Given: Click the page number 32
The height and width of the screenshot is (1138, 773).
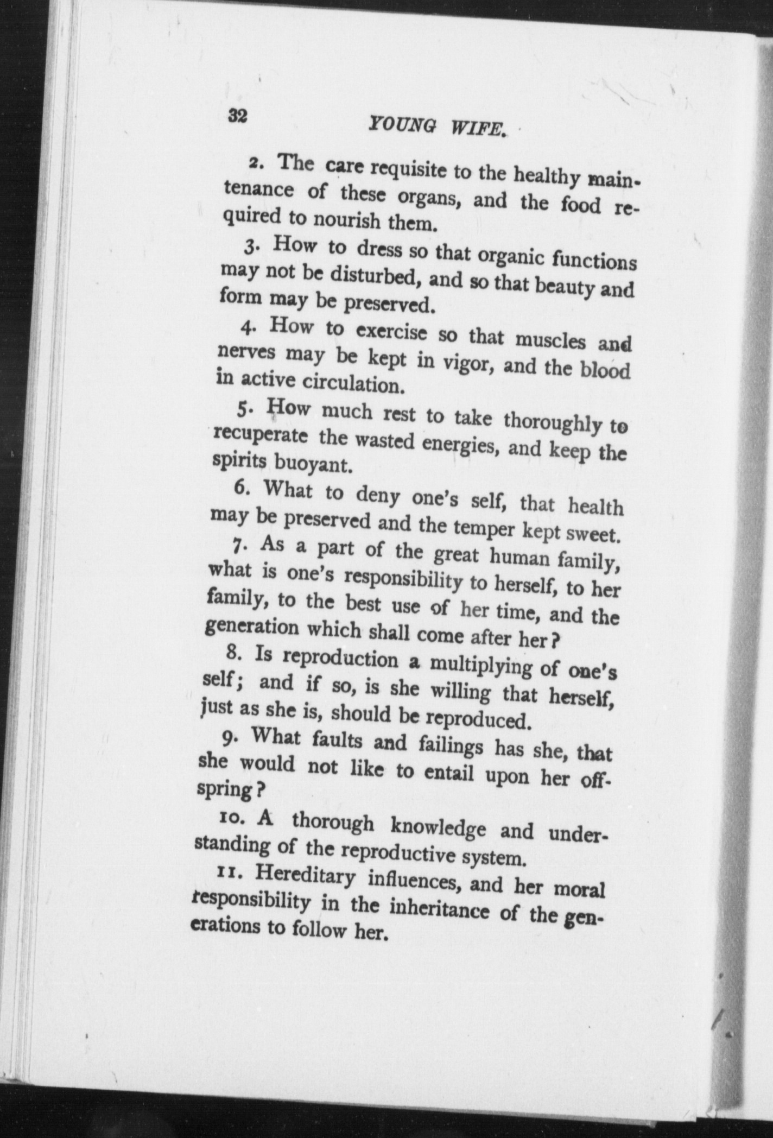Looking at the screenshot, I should [237, 116].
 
